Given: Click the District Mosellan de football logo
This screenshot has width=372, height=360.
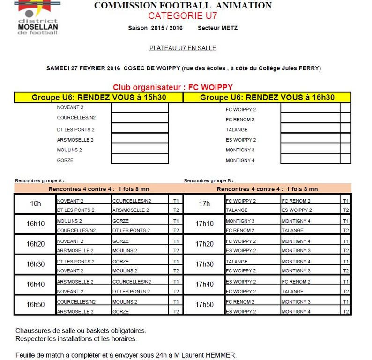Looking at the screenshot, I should click(x=37, y=16).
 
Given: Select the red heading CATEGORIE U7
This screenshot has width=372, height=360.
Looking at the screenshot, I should click(x=183, y=16).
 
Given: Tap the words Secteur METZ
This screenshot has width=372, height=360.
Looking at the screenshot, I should click(x=217, y=28).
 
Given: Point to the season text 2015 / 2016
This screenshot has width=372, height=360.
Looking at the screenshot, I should click(x=167, y=28).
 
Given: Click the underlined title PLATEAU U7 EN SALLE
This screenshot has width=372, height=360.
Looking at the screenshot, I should click(x=183, y=48).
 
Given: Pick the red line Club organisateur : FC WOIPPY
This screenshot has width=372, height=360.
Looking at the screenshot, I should click(x=173, y=87).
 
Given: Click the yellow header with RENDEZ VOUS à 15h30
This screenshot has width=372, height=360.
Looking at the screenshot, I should click(x=99, y=97).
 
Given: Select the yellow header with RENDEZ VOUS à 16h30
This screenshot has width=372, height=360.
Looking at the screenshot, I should click(x=267, y=97).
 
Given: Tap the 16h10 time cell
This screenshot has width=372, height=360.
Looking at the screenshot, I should click(x=36, y=224).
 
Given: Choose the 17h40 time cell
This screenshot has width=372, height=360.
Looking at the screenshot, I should click(x=204, y=285).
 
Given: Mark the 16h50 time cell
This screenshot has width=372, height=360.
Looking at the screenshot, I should click(x=36, y=305).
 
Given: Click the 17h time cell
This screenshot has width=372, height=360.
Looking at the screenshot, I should click(x=204, y=204).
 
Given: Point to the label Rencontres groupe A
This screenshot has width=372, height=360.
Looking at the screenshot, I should click(x=40, y=180).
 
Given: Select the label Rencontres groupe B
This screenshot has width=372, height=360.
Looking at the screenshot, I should click(x=209, y=180).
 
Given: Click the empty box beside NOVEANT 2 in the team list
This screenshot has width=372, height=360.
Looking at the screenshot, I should click(x=140, y=108).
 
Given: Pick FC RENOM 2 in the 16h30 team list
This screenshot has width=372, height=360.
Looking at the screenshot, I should click(x=240, y=120).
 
